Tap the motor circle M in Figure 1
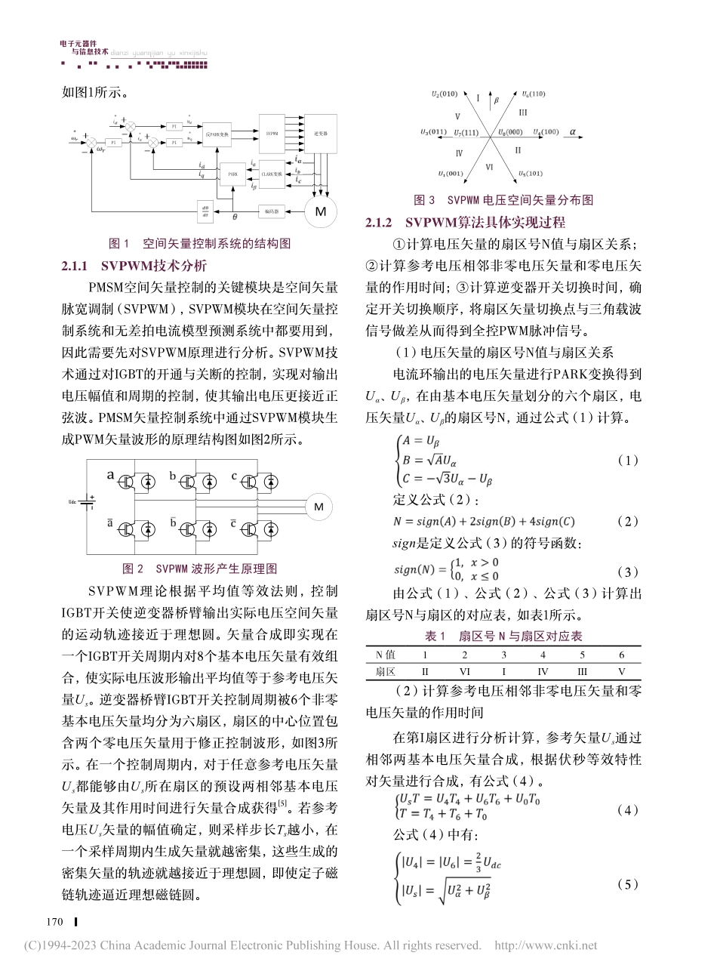[320, 211]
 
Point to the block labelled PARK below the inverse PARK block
[232, 174]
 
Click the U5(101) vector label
[534, 174]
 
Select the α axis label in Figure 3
[571, 131]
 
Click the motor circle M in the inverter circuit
[318, 506]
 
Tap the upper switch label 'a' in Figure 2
[110, 475]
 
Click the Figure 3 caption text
[503, 200]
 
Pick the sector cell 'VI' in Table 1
[465, 670]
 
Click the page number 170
[54, 921]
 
